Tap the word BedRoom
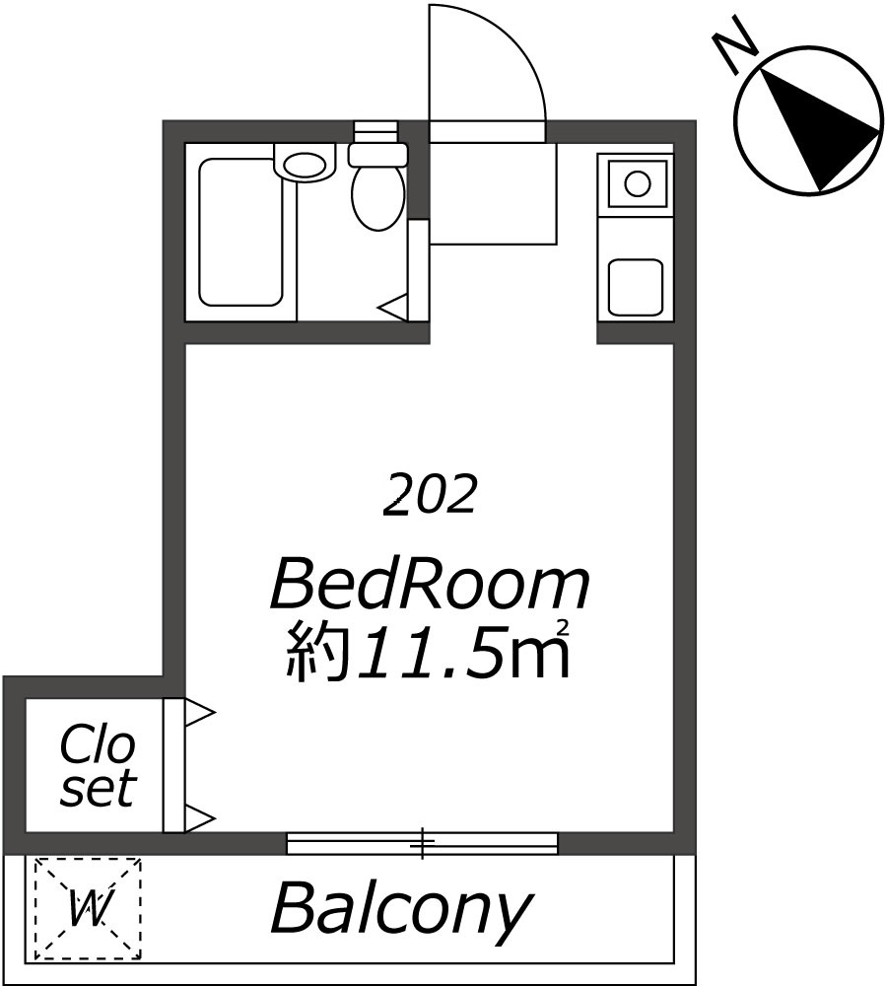[430, 588]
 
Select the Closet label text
[98, 766]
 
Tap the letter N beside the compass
[734, 44]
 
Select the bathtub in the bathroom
[240, 232]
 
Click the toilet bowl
[377, 196]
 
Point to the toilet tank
[377, 154]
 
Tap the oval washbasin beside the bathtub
[306, 165]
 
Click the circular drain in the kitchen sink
[638, 183]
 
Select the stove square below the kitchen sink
[636, 287]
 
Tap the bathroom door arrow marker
[393, 308]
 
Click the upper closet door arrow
[201, 713]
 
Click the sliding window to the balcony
[422, 843]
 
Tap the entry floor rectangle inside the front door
[494, 193]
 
